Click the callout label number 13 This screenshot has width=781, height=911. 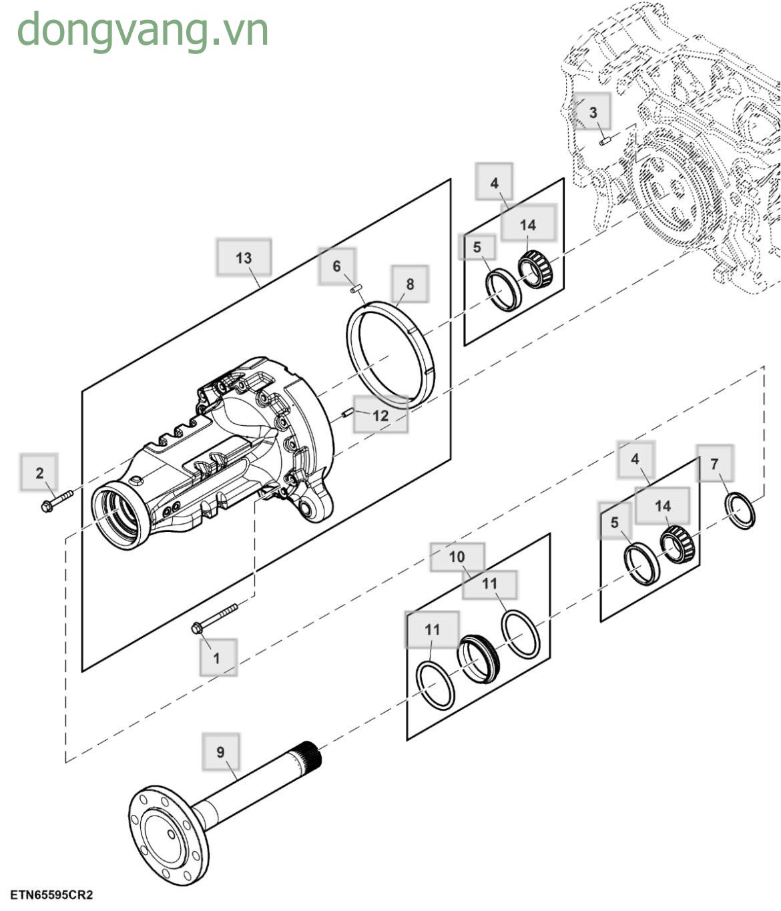244,258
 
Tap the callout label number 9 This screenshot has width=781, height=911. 221,752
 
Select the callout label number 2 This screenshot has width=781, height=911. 39,473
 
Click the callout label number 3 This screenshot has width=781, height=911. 593,111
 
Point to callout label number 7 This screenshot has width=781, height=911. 714,463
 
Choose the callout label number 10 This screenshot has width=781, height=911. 457,557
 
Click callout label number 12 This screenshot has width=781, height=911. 380,415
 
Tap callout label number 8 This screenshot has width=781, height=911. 409,284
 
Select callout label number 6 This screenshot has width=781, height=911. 336,266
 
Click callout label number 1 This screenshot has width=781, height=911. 217,657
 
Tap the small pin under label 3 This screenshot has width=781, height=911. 605,141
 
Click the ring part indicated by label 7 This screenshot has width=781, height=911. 740,511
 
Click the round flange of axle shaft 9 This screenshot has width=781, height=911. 167,835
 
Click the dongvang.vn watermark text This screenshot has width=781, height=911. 142,30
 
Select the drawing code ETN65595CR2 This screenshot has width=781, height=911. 51,894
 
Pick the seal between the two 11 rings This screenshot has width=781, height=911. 479,659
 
